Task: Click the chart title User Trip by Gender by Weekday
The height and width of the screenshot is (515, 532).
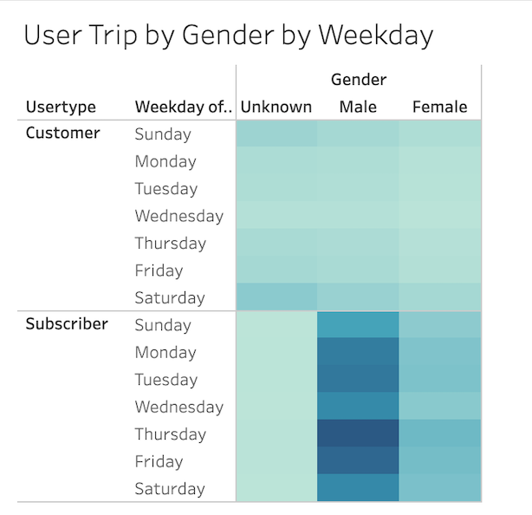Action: pyautogui.click(x=228, y=35)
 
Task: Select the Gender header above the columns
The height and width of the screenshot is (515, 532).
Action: pyautogui.click(x=358, y=80)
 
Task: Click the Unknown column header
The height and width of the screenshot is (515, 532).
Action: pyautogui.click(x=276, y=108)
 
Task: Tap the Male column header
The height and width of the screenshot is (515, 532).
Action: pyautogui.click(x=358, y=108)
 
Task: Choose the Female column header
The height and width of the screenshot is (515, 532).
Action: pyautogui.click(x=439, y=108)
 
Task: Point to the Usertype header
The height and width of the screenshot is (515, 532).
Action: pyautogui.click(x=61, y=108)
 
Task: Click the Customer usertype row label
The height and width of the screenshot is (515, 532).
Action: pyautogui.click(x=62, y=134)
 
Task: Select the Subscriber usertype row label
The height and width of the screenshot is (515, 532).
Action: pyautogui.click(x=67, y=324)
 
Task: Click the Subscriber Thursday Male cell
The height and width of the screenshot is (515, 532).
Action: pyautogui.click(x=358, y=434)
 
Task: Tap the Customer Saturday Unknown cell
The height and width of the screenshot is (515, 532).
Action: pyautogui.click(x=276, y=297)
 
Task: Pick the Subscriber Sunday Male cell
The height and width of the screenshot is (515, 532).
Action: pyautogui.click(x=358, y=325)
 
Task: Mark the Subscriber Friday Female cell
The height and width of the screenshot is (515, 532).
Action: pyautogui.click(x=439, y=461)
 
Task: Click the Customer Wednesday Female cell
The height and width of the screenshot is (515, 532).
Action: pyautogui.click(x=439, y=216)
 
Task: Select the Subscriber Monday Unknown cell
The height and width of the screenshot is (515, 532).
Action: pyautogui.click(x=276, y=352)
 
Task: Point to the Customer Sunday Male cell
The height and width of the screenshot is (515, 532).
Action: pyautogui.click(x=358, y=134)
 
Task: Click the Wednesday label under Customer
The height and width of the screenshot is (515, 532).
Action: pyautogui.click(x=178, y=216)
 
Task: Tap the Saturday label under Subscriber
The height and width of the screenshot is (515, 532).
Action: pyautogui.click(x=169, y=489)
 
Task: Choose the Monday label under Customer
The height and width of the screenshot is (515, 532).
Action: pyautogui.click(x=165, y=161)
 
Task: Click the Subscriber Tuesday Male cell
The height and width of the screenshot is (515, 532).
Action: pyautogui.click(x=358, y=379)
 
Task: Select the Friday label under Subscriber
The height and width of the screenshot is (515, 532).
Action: pyautogui.click(x=159, y=461)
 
